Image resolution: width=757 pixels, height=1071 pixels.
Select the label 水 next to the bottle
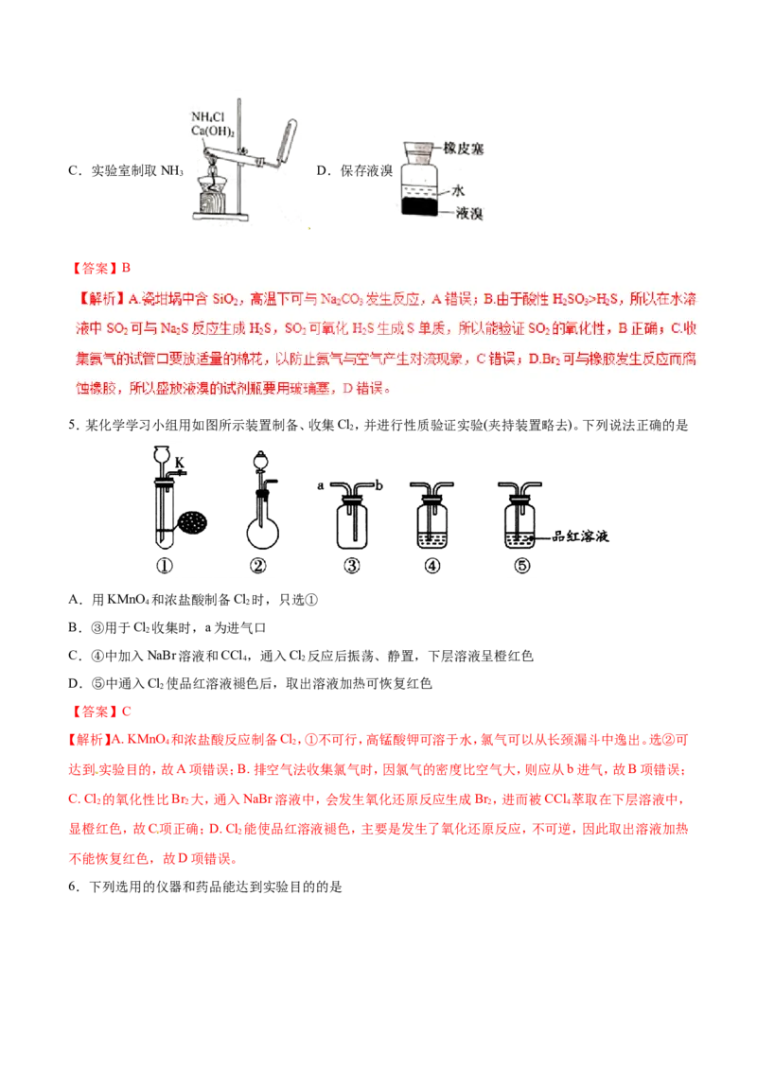[x=458, y=190]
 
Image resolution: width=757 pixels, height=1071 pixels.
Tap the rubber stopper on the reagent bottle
[x=416, y=149]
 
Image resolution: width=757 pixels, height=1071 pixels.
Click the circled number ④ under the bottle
[x=432, y=568]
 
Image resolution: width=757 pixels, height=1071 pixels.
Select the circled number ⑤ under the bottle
[x=519, y=568]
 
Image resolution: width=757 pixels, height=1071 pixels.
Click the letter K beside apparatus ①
[x=181, y=463]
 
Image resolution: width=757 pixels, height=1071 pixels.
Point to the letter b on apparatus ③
[x=379, y=485]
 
